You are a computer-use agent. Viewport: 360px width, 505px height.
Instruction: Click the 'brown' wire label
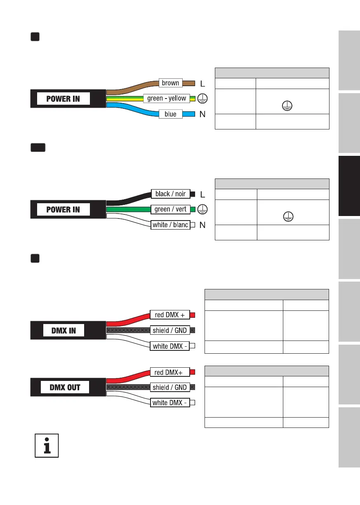[x=170, y=83]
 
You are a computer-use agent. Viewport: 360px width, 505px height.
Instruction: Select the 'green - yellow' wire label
[x=167, y=99]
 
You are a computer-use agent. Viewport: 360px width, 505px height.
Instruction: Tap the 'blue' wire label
[x=170, y=114]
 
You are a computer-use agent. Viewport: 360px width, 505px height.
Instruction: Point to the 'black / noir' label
[x=170, y=194]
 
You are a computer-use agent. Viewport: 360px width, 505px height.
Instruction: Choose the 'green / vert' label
[x=170, y=209]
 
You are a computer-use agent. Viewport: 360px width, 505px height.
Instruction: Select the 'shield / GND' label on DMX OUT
[x=169, y=388]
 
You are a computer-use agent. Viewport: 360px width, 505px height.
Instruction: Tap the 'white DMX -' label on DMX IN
[x=169, y=346]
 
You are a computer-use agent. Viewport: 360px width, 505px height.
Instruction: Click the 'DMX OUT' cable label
[x=65, y=388]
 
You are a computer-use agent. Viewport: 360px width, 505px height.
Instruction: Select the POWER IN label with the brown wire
[x=63, y=99]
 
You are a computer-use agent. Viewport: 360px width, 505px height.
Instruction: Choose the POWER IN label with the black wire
[x=63, y=209]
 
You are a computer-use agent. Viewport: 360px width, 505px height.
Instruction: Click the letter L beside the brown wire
[x=202, y=84]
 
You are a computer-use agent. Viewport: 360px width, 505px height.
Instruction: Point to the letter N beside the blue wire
[x=202, y=115]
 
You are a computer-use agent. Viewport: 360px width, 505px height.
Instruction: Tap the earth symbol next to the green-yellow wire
[x=203, y=99]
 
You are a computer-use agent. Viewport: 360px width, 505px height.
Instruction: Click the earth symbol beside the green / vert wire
[x=203, y=209]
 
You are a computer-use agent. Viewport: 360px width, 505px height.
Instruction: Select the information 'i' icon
[x=47, y=445]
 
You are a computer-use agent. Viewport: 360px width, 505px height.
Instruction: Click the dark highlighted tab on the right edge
[x=349, y=186]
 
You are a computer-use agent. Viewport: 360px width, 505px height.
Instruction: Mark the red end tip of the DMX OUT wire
[x=193, y=372]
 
